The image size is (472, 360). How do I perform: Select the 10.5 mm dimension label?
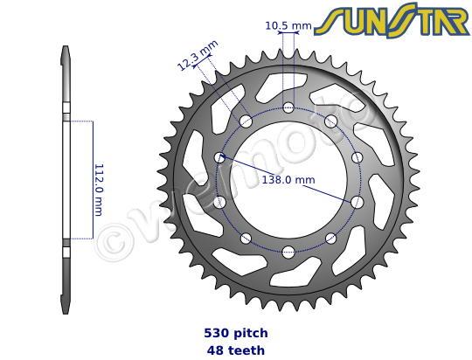coord(288,26)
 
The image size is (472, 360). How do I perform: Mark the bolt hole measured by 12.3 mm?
coord(246,121)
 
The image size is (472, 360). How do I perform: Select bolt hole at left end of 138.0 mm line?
coord(220,157)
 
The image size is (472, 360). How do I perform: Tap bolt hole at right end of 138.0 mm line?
coord(357,201)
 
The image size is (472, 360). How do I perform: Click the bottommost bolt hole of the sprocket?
coord(288,253)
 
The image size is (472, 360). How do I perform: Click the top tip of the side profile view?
coord(66,48)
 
